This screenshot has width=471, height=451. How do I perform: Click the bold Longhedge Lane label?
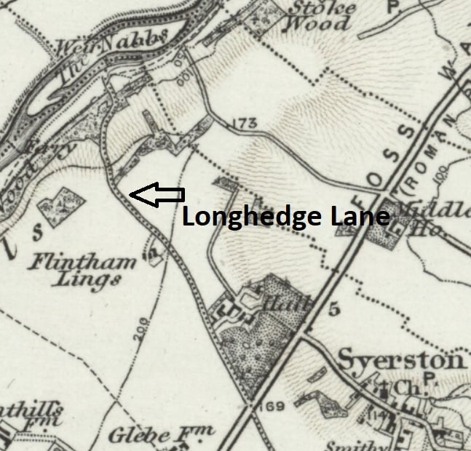[285, 217]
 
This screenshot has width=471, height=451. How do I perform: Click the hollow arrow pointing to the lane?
[157, 194]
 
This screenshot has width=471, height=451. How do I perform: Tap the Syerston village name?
[401, 360]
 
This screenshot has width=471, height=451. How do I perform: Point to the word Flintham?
[82, 263]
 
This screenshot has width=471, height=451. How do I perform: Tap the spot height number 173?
[247, 125]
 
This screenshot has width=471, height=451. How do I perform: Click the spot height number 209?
[143, 332]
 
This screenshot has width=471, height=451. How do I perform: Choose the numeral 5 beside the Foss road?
[334, 309]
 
